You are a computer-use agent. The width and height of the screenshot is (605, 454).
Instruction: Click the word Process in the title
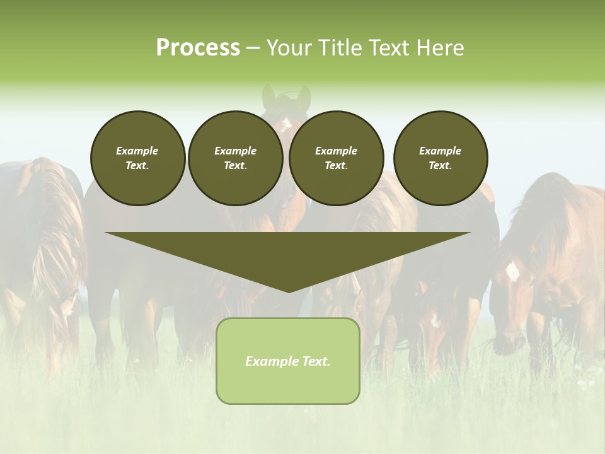(x=198, y=48)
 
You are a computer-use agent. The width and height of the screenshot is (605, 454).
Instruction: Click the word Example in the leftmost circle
(x=137, y=151)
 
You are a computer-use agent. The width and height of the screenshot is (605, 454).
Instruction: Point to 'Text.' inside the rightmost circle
(x=441, y=166)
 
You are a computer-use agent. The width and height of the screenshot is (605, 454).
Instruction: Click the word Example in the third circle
(x=336, y=151)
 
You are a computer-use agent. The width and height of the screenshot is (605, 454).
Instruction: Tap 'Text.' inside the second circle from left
(x=235, y=166)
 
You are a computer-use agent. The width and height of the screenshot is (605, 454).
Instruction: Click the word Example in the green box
(x=270, y=361)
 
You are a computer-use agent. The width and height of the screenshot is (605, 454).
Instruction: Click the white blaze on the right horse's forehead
(x=512, y=271)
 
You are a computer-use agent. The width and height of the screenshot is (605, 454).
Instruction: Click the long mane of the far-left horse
(x=50, y=233)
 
